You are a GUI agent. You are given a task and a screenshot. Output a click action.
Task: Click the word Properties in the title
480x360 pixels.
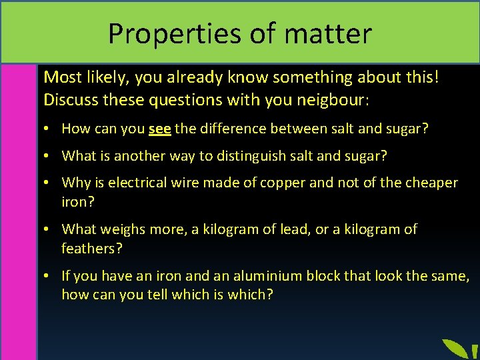click(160, 33)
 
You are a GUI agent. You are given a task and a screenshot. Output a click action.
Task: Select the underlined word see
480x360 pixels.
click(160, 129)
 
